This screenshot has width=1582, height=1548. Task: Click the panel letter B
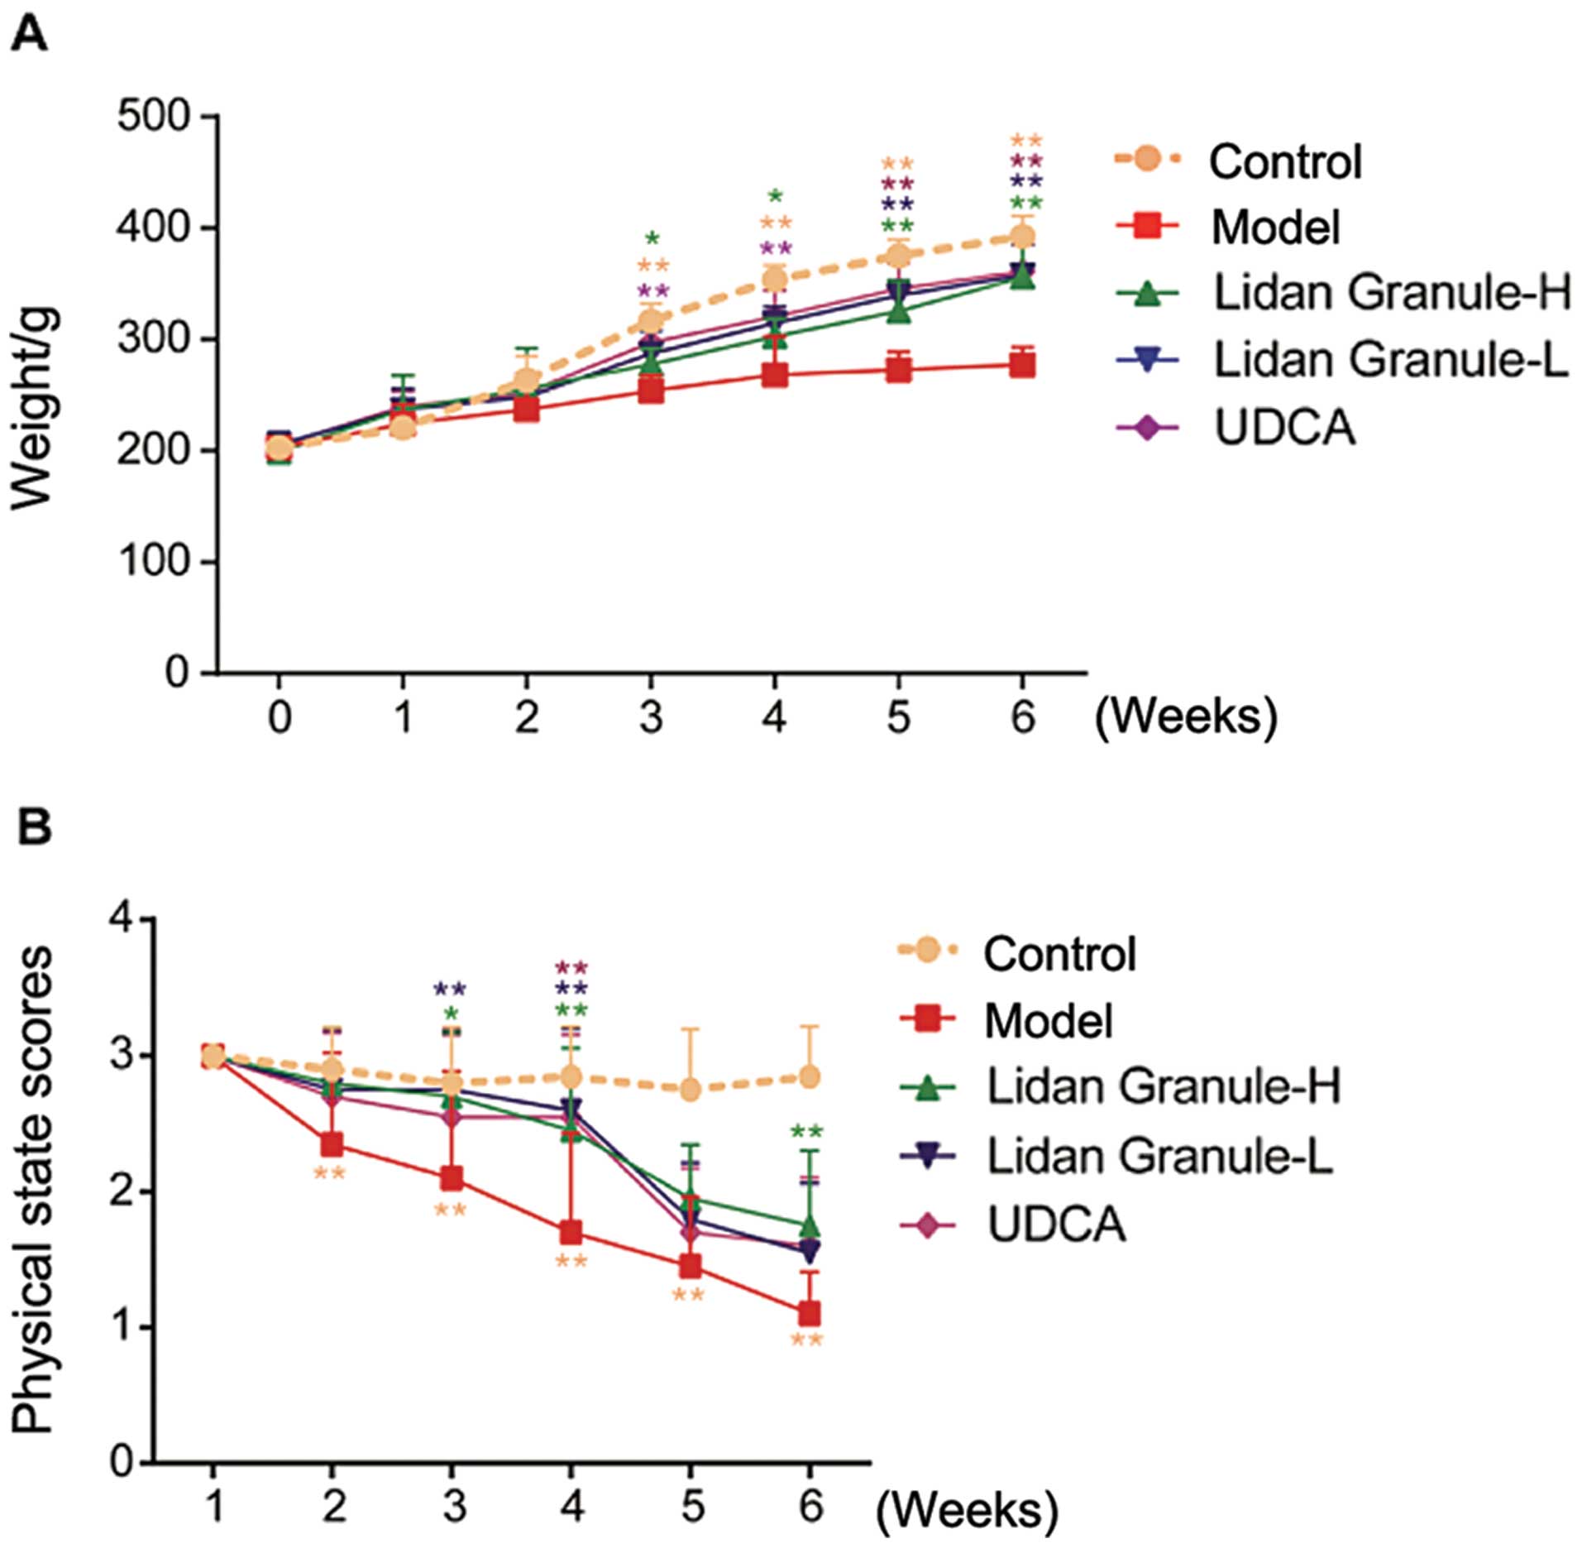(x=34, y=828)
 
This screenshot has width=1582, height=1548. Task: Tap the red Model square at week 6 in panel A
(x=1022, y=365)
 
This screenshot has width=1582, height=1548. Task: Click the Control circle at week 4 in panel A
(x=774, y=280)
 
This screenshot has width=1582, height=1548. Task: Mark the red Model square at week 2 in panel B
(x=332, y=1145)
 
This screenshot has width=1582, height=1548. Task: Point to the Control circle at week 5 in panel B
(x=691, y=1090)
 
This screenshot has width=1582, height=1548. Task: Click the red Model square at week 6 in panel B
(x=809, y=1313)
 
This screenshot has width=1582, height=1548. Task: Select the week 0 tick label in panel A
(x=280, y=716)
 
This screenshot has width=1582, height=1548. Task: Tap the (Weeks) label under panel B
(x=966, y=1511)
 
